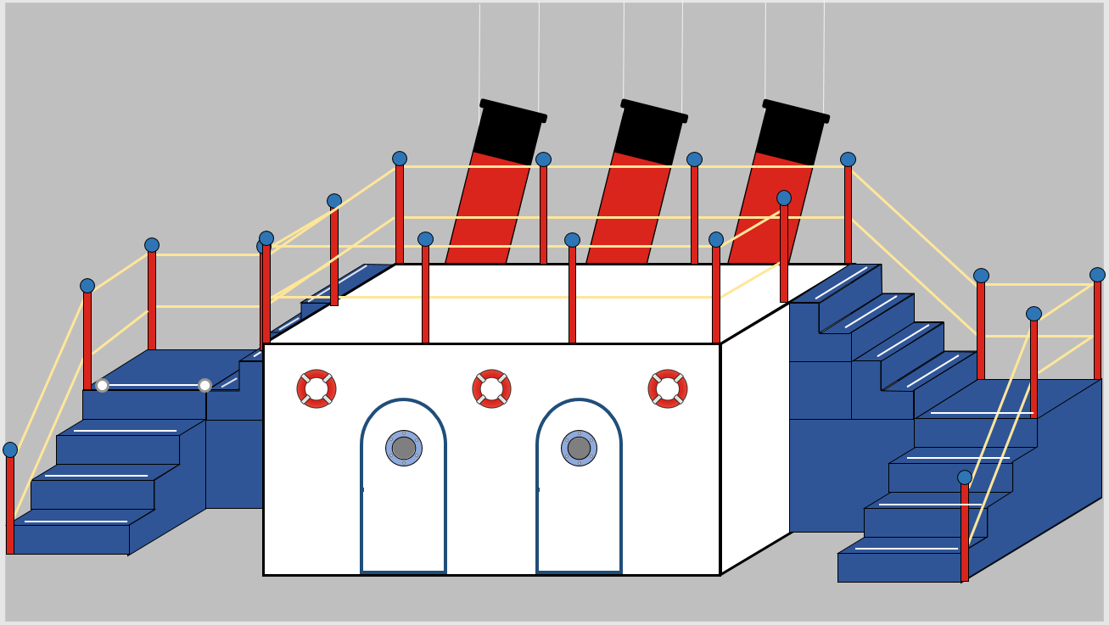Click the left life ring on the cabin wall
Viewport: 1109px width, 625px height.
316,388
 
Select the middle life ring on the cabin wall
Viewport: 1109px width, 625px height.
491,388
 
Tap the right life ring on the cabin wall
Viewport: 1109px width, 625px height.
668,388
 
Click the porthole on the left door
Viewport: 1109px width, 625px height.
404,448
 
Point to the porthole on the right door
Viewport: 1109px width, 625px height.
579,448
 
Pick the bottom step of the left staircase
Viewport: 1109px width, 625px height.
72,539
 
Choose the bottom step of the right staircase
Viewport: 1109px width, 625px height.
899,566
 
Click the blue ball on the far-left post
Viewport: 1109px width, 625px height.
10,449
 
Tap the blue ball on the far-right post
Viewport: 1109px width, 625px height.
1097,275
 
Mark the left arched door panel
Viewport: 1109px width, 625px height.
403,517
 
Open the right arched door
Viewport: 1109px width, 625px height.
579,517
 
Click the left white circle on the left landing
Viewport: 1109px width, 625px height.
102,386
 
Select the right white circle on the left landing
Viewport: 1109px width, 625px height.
204,386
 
